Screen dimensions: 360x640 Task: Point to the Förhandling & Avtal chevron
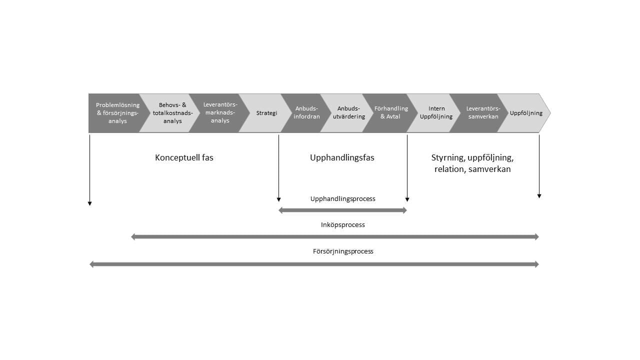click(390, 113)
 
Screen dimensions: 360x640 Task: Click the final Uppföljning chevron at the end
click(526, 113)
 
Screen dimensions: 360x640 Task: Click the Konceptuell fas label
click(184, 157)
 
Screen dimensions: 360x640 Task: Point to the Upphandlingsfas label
click(342, 157)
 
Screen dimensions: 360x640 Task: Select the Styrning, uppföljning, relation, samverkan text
click(472, 163)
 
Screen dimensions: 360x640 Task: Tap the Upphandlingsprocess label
click(342, 198)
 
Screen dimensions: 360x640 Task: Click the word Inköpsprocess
click(342, 225)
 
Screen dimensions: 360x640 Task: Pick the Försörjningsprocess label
click(343, 251)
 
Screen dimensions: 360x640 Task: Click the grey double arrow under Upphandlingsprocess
click(342, 210)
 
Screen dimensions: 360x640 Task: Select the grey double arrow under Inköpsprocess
click(335, 237)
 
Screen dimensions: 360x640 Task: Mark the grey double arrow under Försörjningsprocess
click(314, 264)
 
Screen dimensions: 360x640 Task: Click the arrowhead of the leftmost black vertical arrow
click(89, 203)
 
